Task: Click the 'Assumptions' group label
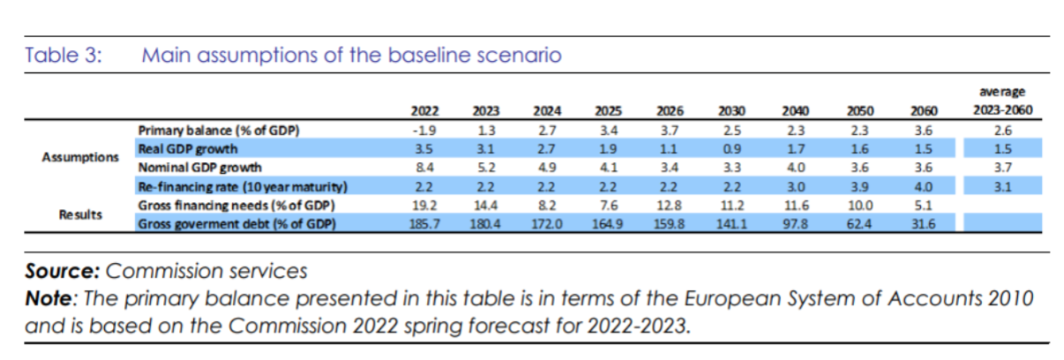click(80, 158)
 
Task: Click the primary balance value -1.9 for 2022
click(425, 130)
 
